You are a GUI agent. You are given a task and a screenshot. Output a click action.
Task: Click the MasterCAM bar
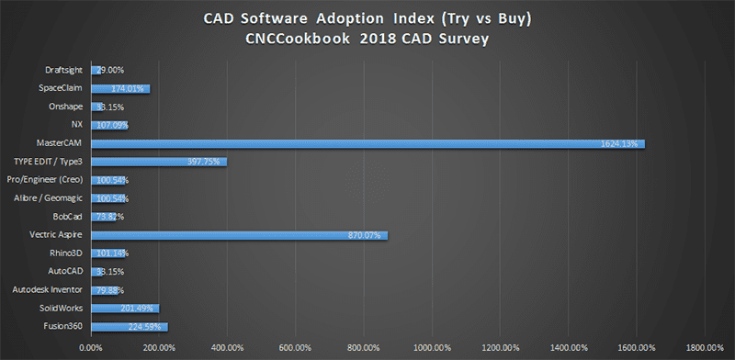[367, 143]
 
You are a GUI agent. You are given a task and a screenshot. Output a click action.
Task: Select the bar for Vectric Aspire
[239, 235]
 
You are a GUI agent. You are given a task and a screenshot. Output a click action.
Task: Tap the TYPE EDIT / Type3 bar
[158, 162]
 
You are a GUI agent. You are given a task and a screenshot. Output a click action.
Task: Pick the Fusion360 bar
[129, 326]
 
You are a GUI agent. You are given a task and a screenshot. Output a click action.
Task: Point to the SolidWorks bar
[125, 308]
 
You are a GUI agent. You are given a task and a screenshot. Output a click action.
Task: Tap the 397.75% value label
[202, 162]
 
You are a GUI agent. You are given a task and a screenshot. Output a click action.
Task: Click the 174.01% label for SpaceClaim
[127, 88]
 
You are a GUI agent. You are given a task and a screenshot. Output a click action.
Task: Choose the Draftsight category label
[66, 70]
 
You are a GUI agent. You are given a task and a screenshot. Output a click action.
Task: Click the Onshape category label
[69, 107]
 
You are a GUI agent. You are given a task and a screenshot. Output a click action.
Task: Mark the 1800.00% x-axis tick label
[705, 347]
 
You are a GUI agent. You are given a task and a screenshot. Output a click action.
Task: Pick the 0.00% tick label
[91, 347]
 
